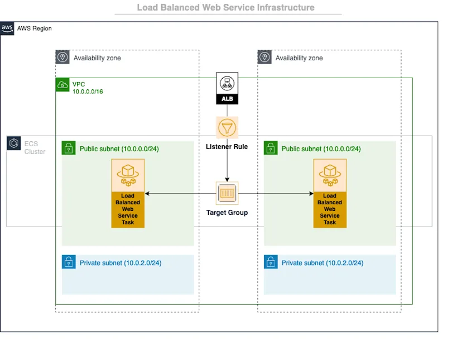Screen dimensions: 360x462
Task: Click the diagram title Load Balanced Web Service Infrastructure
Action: point(225,8)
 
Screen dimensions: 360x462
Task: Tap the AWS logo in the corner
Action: point(7,28)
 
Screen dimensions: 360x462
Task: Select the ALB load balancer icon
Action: point(227,88)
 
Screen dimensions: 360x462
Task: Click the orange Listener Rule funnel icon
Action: point(227,128)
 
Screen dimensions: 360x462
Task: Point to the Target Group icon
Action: point(227,194)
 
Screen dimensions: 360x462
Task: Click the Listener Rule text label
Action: point(227,147)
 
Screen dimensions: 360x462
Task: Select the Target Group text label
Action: point(227,213)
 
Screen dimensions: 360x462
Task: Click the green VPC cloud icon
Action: point(62,85)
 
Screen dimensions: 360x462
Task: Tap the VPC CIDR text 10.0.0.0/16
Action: point(88,92)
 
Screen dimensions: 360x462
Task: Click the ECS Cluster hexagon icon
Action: point(13,143)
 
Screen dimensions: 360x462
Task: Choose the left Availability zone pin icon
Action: point(62,57)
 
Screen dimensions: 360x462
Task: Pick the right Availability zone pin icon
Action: point(264,57)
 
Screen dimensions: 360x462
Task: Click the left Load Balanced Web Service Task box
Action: point(128,193)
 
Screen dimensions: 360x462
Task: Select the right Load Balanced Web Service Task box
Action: point(330,193)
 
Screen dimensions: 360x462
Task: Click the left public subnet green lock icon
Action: point(69,148)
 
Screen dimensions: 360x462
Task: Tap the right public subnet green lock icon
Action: point(271,148)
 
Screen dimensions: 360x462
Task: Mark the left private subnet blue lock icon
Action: point(69,262)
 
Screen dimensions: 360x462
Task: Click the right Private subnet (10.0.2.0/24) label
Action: point(322,263)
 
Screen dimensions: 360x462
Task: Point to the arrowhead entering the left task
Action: point(147,194)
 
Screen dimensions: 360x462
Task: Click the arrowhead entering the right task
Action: point(311,194)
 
